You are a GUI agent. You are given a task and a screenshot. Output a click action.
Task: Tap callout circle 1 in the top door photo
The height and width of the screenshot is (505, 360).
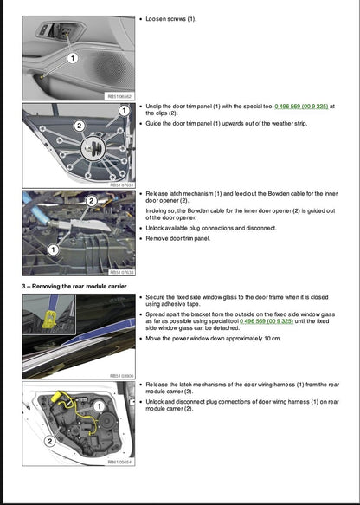72,58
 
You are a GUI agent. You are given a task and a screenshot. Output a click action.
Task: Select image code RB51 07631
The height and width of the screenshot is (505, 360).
120,185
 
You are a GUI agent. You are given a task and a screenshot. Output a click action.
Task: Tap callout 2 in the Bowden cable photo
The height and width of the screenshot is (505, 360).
90,201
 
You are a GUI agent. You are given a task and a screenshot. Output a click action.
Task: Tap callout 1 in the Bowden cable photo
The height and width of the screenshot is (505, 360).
53,249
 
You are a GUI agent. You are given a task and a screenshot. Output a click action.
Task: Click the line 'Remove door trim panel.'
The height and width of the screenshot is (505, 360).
179,237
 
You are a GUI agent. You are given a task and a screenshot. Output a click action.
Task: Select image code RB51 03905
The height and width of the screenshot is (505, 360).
120,376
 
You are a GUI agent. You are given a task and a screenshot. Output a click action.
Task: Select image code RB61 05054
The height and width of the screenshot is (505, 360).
120,463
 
